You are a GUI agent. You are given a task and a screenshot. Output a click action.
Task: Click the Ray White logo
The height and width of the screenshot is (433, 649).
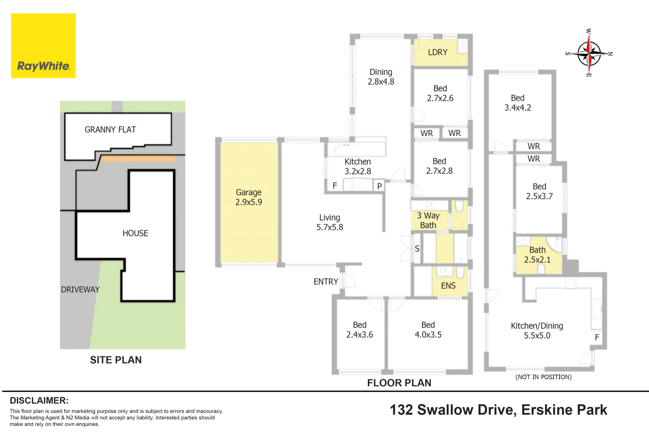(43, 45)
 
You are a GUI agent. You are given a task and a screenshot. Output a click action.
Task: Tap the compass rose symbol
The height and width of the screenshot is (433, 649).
(589, 53)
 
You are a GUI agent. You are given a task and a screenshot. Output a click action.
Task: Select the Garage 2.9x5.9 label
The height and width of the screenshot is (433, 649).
(249, 197)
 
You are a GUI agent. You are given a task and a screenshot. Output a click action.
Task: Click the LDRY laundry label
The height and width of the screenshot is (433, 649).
(437, 52)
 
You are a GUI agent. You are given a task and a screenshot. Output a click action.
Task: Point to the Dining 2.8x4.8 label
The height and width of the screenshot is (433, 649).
(381, 77)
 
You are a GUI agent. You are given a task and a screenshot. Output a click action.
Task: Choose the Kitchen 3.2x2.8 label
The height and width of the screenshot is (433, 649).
(358, 166)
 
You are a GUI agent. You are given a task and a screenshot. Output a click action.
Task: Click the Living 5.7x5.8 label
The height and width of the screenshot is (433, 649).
(330, 222)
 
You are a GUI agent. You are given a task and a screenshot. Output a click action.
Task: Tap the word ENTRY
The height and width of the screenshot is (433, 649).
(326, 281)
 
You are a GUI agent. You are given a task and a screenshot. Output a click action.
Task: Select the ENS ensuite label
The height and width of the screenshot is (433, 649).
(448, 286)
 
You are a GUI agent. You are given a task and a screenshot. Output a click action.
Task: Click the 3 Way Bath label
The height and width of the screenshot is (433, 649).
(428, 220)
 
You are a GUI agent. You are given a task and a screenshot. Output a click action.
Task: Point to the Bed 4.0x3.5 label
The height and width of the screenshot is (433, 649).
(428, 330)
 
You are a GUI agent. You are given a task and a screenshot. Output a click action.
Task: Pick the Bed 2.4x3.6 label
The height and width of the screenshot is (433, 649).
(360, 330)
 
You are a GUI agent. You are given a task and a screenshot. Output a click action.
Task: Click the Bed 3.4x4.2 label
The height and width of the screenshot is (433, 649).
(518, 103)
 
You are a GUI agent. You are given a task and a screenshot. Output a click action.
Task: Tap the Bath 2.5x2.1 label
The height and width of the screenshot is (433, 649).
(537, 255)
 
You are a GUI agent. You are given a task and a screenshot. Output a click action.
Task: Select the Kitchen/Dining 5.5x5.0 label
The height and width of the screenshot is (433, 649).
(537, 330)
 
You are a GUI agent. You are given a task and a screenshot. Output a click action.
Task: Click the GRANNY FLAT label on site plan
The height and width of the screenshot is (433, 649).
(110, 130)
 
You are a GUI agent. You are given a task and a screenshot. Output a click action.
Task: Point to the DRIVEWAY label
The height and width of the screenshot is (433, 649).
(80, 290)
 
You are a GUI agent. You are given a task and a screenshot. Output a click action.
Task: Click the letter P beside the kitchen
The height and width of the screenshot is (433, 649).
(379, 186)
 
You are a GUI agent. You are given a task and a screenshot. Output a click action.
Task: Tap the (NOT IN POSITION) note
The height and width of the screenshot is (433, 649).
(544, 377)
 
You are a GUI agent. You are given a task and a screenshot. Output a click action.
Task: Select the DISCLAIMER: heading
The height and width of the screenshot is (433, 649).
(39, 401)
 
